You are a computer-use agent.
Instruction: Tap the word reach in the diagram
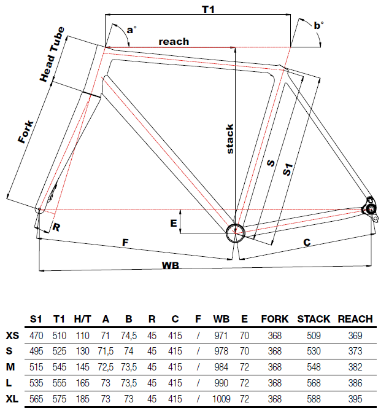point(174,42)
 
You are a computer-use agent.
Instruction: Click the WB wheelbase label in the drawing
point(170,265)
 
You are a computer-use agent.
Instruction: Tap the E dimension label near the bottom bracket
point(174,224)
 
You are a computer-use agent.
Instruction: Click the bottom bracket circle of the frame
point(235,232)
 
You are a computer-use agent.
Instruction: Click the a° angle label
point(131,29)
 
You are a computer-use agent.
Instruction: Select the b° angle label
point(318,25)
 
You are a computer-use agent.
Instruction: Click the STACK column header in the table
point(314,319)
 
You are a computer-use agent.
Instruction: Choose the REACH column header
point(355,319)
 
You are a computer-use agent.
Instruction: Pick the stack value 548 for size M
point(314,367)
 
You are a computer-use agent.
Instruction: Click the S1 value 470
point(36,336)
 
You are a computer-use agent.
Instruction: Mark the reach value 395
point(355,397)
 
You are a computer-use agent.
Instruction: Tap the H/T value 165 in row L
point(82,382)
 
